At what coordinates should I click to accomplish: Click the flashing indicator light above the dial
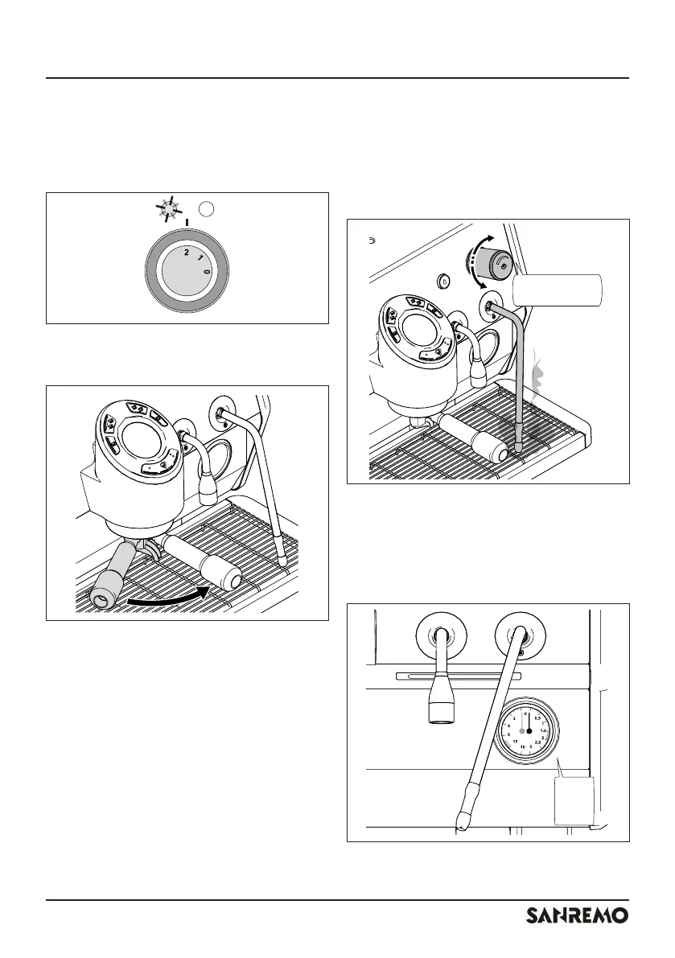(x=167, y=209)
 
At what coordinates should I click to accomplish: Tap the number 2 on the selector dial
(x=186, y=253)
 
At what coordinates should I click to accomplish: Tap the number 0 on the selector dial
(x=207, y=273)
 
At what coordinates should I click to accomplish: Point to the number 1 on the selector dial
(x=199, y=257)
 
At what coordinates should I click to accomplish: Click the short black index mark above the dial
(x=187, y=223)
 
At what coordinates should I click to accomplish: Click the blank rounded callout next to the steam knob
(x=557, y=290)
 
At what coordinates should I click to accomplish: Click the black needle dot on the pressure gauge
(x=529, y=731)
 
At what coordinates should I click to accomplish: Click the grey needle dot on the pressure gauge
(x=521, y=731)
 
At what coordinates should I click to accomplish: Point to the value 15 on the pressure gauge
(x=523, y=748)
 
